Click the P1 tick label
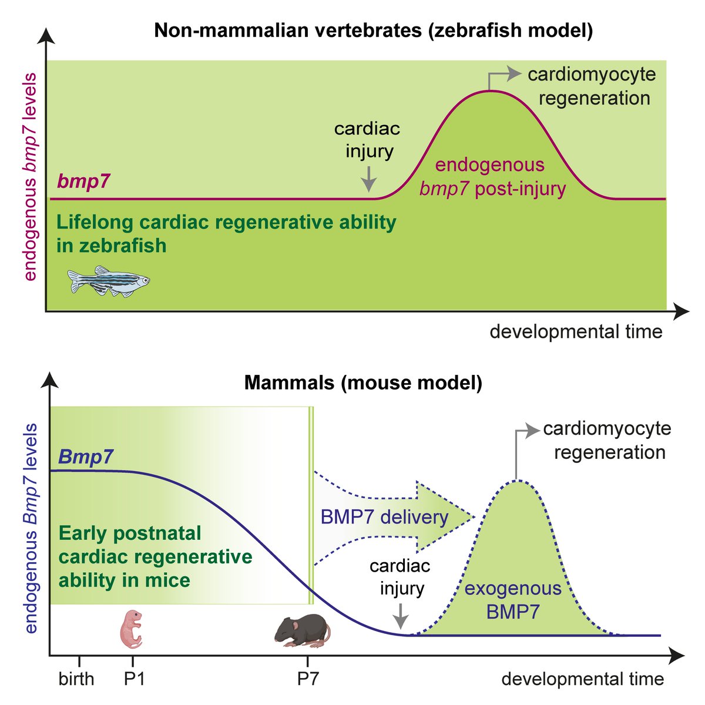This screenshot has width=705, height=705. (135, 679)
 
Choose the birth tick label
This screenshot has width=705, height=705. (76, 679)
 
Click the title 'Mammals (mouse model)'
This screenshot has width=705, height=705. (363, 383)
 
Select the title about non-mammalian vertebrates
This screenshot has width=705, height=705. (373, 31)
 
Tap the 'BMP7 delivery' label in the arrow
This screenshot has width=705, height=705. (385, 517)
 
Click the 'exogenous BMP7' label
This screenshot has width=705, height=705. (513, 600)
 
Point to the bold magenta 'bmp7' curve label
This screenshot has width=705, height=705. (83, 182)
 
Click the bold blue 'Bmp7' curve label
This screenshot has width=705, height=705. (86, 456)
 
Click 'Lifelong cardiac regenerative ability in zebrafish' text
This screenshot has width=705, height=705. (226, 234)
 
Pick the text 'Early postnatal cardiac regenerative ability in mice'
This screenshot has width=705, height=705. (156, 557)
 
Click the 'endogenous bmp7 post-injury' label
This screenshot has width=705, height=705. (491, 177)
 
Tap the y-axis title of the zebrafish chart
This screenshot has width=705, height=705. (31, 176)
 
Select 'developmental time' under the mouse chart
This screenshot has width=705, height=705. (582, 680)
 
